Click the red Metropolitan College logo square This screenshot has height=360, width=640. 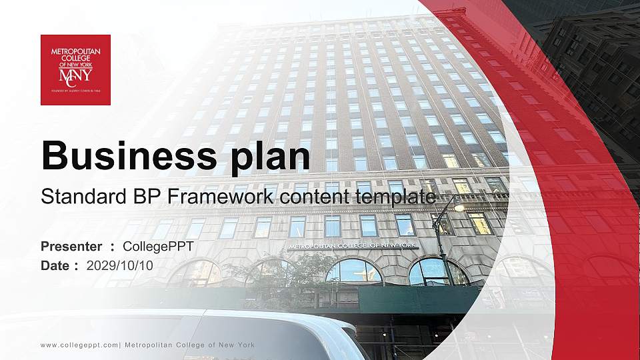tap(75, 69)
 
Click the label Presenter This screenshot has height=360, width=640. tap(71, 247)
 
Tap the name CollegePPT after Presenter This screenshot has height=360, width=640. tap(158, 247)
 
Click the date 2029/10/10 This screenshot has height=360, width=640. tap(119, 265)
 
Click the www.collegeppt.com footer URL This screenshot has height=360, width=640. tap(79, 345)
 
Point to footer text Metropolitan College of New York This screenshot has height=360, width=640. tap(189, 345)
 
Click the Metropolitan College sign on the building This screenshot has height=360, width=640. tap(353, 245)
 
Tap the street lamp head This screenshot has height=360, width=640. tap(459, 207)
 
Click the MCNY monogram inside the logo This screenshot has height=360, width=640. tap(75, 74)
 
